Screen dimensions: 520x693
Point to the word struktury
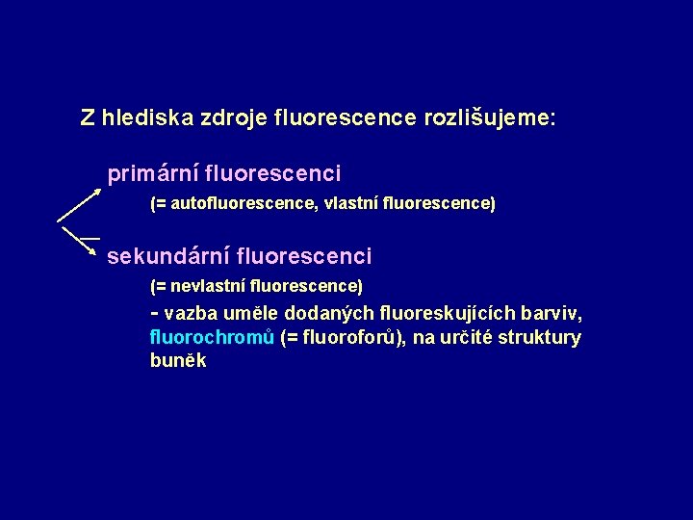(x=538, y=338)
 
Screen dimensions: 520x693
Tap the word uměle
(x=253, y=314)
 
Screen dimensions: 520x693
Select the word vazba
(x=192, y=314)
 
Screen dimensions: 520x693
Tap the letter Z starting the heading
(x=88, y=118)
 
